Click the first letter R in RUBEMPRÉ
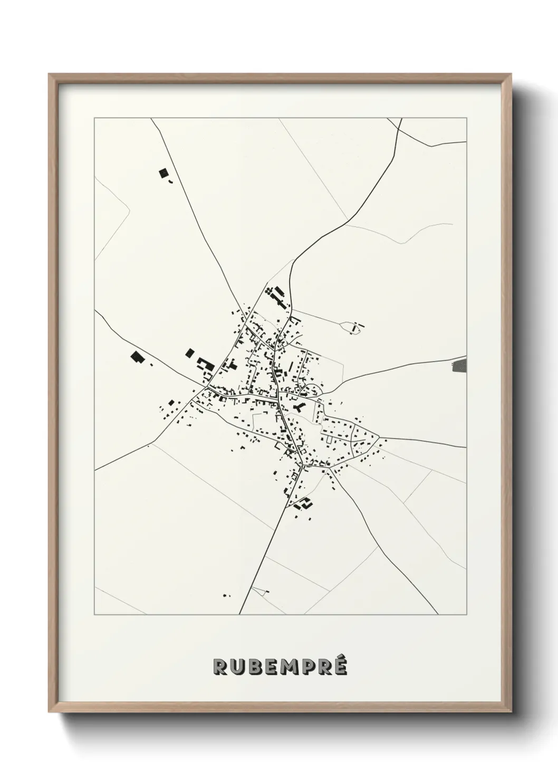220,667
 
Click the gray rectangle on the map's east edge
460,365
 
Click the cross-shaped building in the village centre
300,407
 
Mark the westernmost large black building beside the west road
138,357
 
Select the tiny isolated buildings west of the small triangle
226,595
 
